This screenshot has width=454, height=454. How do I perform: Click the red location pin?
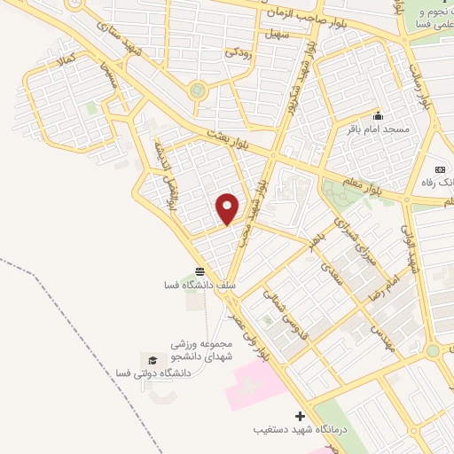(x=228, y=208)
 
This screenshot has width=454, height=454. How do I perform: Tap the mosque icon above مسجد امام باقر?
(x=379, y=115)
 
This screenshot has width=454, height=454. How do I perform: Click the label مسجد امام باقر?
(x=379, y=129)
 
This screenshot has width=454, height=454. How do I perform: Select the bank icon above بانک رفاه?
(x=439, y=168)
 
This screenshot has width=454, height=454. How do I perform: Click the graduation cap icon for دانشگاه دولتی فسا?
(x=152, y=361)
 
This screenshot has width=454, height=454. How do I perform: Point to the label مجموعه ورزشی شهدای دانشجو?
(x=203, y=349)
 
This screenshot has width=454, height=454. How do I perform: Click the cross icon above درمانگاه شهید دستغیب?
(x=300, y=416)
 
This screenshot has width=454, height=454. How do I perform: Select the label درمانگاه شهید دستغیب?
(x=287, y=430)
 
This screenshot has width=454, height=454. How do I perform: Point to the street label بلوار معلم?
(x=383, y=184)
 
